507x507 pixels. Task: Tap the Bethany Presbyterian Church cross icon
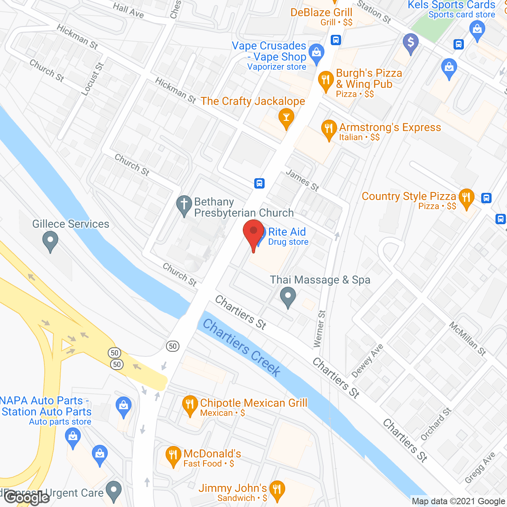coord(184,205)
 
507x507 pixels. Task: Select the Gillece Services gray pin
coord(50,240)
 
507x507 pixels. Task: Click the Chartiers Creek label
coord(242,348)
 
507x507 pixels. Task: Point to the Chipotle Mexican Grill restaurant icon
coord(190,405)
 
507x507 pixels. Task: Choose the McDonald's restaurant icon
coord(173,456)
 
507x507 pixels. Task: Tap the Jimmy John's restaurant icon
coord(277,490)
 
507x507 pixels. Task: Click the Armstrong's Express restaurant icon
coord(329,129)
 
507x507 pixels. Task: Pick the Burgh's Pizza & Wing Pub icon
coord(326,80)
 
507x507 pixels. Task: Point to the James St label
coord(302,180)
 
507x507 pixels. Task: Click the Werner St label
coord(319,329)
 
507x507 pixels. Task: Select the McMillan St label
coord(467,338)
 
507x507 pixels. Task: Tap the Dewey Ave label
coord(368,360)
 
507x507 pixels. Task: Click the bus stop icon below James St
coord(259,183)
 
